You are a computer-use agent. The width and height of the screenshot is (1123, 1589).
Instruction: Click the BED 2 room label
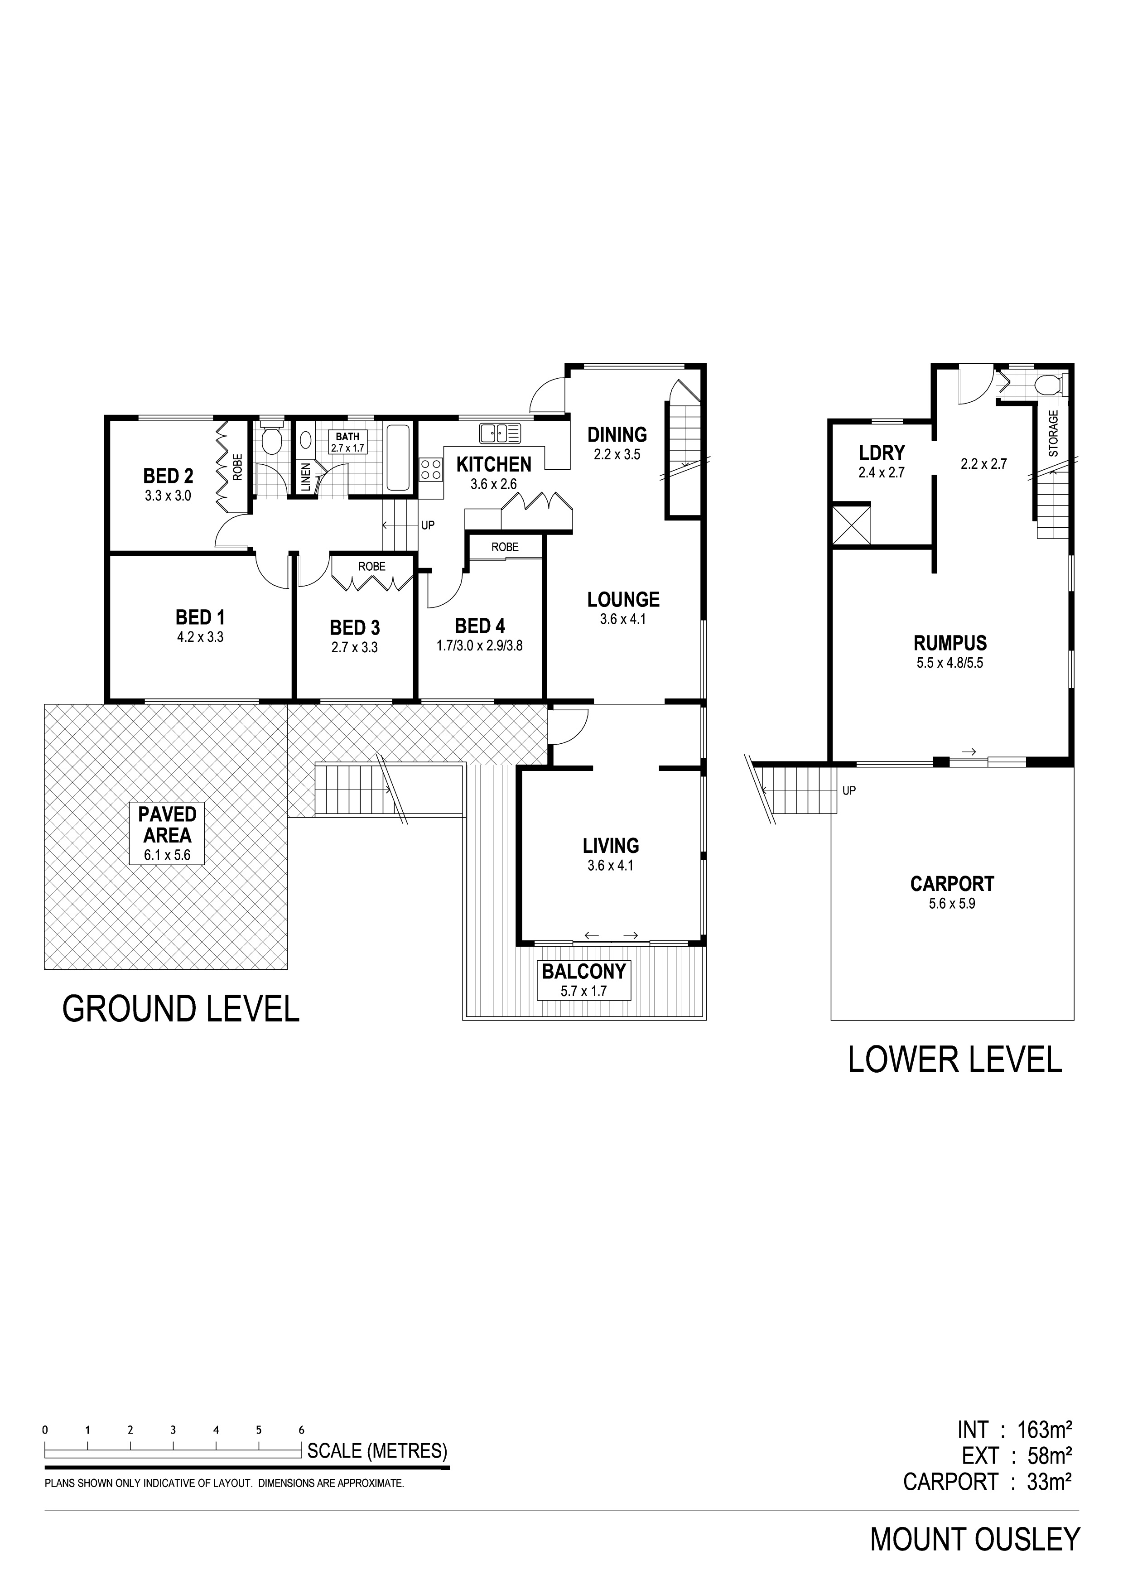(x=168, y=476)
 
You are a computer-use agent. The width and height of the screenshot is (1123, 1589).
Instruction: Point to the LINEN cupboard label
(x=306, y=477)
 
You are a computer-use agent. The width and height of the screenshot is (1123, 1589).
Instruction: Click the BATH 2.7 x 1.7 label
(x=347, y=442)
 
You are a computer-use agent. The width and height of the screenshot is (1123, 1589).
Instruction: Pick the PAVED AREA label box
(x=168, y=834)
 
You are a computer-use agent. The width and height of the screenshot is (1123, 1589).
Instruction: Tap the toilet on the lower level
(x=1048, y=384)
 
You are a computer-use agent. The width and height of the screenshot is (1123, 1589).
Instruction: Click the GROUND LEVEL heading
(x=181, y=1009)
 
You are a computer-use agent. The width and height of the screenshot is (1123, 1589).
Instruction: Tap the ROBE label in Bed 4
(x=505, y=547)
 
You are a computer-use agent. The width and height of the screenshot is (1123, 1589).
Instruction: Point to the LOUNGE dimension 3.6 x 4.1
(x=623, y=619)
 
